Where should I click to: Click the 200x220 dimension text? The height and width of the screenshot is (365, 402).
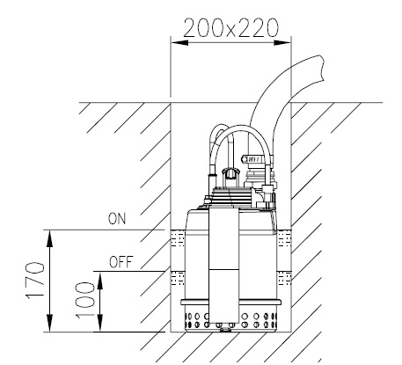(230, 28)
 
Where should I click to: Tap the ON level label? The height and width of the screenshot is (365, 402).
(117, 219)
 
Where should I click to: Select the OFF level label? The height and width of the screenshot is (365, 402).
(121, 262)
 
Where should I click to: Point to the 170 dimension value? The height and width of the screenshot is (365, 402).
(35, 281)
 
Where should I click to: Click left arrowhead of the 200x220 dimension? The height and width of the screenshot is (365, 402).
(179, 43)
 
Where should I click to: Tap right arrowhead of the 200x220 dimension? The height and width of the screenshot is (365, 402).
(282, 43)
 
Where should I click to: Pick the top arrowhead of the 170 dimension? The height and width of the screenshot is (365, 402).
(50, 238)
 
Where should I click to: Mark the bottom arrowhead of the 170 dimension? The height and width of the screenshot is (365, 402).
(50, 323)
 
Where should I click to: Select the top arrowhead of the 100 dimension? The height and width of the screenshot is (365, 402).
(100, 280)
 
